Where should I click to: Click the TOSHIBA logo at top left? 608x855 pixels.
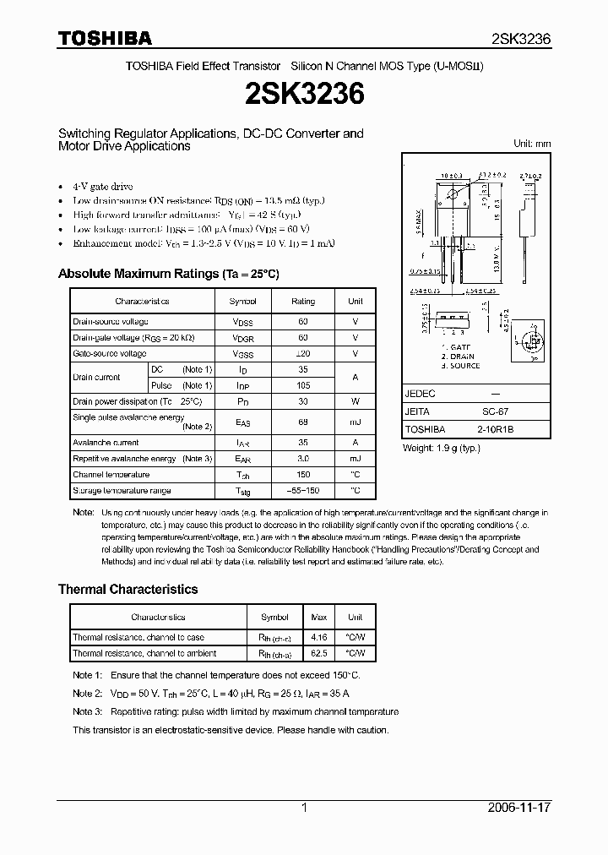click(x=105, y=38)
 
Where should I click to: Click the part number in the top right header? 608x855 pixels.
click(x=521, y=39)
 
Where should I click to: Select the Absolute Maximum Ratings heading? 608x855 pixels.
click(x=168, y=274)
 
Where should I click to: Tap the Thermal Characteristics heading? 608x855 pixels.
click(x=128, y=589)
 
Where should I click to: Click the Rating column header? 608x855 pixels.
click(x=302, y=302)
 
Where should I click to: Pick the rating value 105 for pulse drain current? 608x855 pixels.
click(x=302, y=385)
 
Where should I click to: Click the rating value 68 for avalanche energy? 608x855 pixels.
click(x=302, y=422)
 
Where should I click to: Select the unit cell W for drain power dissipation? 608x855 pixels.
click(x=356, y=401)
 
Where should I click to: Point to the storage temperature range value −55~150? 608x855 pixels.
click(x=302, y=491)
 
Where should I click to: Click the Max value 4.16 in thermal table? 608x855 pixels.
click(x=320, y=637)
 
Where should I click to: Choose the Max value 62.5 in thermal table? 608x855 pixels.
click(x=320, y=653)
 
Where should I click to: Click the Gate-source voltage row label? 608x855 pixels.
click(x=110, y=354)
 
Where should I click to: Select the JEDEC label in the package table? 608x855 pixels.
click(x=420, y=394)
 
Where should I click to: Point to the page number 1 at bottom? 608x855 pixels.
click(x=304, y=808)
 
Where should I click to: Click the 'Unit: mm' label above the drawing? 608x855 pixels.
click(x=532, y=144)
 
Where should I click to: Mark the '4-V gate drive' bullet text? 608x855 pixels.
click(x=103, y=186)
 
